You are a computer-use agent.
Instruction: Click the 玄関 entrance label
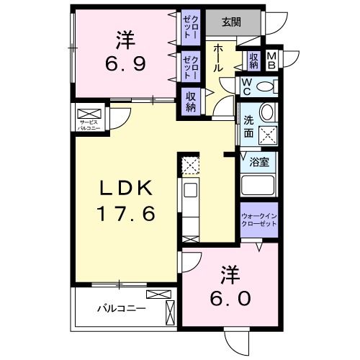pyautogui.click(x=232, y=22)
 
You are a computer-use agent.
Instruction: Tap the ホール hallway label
pyautogui.click(x=217, y=58)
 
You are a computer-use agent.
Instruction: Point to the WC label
pyautogui.click(x=246, y=87)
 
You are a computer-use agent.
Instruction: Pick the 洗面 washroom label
pyautogui.click(x=248, y=127)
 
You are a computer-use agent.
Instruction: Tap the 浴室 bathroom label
pyautogui.click(x=259, y=161)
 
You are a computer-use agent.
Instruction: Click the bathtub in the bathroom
pyautogui.click(x=258, y=185)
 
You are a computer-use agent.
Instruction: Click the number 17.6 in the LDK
pyautogui.click(x=127, y=214)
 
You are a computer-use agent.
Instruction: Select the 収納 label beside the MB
pyautogui.click(x=254, y=60)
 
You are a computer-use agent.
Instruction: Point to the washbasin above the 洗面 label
pyautogui.click(x=266, y=112)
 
